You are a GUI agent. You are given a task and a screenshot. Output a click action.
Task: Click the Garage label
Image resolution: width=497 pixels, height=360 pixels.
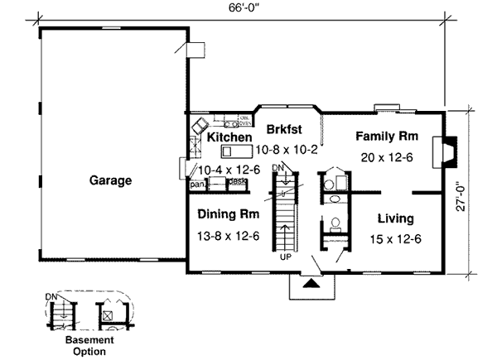tap(110, 180)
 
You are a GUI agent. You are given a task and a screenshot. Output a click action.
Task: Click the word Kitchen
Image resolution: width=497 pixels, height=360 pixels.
tap(230, 137)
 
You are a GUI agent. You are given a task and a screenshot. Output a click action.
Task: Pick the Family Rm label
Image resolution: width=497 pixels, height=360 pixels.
tap(386, 136)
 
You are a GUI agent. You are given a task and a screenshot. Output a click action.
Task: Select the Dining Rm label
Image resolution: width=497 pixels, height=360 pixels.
tap(229, 214)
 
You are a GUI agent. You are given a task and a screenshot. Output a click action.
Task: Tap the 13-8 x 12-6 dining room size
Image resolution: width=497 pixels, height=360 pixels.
tap(229, 236)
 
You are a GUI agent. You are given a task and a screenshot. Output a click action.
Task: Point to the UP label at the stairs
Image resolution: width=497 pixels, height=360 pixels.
tap(284, 258)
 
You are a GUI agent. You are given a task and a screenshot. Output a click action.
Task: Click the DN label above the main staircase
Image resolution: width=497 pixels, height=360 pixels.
tap(278, 168)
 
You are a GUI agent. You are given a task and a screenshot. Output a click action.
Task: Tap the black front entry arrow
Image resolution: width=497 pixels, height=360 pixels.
tap(311, 283)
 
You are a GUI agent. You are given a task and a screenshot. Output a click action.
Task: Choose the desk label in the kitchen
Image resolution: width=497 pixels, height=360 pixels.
tap(238, 181)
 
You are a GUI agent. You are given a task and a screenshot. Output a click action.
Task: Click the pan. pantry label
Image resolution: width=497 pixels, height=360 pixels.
tap(198, 185)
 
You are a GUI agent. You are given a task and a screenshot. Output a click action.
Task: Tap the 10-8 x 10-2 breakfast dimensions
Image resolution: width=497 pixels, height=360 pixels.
tap(286, 151)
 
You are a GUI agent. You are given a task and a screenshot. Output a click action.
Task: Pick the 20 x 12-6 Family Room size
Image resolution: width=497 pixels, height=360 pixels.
tap(386, 156)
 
